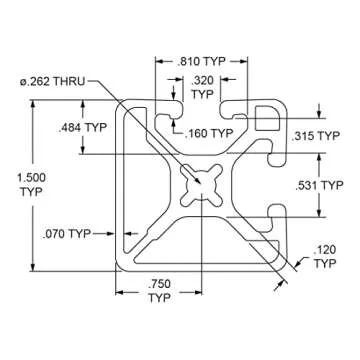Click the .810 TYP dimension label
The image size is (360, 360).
pyautogui.click(x=202, y=61)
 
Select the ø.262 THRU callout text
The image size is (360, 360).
pyautogui.click(x=53, y=81)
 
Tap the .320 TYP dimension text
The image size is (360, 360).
pyautogui.click(x=202, y=87)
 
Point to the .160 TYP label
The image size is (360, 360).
pyautogui.click(x=209, y=133)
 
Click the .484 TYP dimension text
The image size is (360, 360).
pyautogui.click(x=82, y=127)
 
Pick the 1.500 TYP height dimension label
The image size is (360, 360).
pyautogui.click(x=31, y=185)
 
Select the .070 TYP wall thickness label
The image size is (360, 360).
pyautogui.click(x=67, y=234)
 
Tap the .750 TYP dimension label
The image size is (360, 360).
pyautogui.click(x=159, y=291)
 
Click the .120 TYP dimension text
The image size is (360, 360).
pyautogui.click(x=325, y=256)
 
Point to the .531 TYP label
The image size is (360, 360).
pyautogui.click(x=319, y=185)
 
